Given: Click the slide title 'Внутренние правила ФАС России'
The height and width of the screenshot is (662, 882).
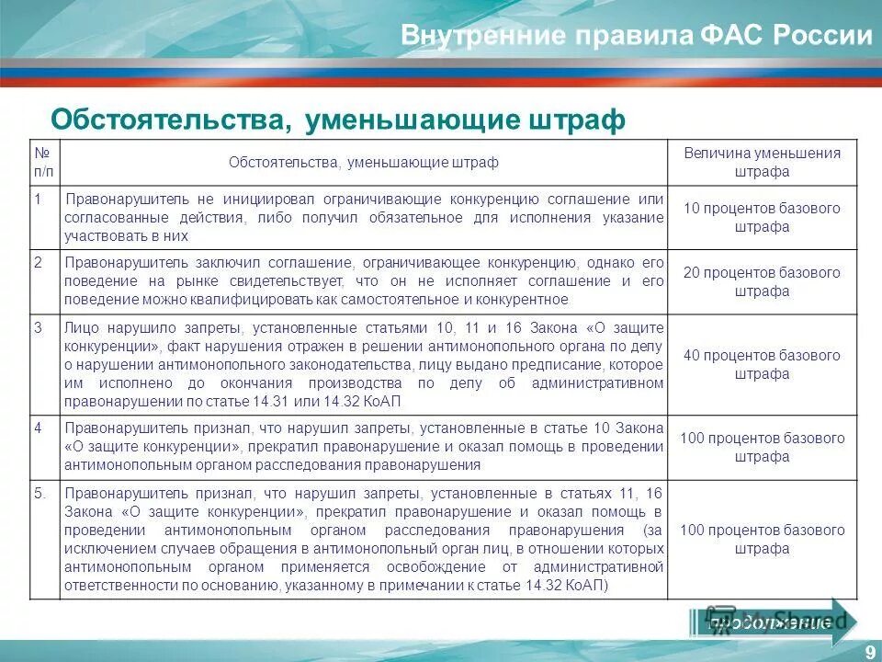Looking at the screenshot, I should [x=636, y=36].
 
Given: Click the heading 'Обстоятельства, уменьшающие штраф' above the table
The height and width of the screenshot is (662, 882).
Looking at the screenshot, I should [x=337, y=119].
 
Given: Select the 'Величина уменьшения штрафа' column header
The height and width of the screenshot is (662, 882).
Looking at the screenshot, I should [x=762, y=163].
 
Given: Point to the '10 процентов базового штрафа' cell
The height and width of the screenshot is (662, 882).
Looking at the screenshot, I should [x=762, y=218].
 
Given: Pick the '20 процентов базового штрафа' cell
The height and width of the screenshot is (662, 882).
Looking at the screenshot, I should [x=762, y=282].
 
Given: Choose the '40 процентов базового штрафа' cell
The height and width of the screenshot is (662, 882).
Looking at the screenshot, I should [x=762, y=365].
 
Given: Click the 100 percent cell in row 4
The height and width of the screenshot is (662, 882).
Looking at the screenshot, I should [x=762, y=448].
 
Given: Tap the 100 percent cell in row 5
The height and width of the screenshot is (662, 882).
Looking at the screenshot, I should [x=762, y=540].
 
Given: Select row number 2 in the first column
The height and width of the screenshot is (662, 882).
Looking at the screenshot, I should [x=39, y=262].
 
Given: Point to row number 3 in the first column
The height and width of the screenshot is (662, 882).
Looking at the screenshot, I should [x=39, y=326].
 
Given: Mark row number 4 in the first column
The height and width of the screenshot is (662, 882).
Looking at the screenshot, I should [x=39, y=428].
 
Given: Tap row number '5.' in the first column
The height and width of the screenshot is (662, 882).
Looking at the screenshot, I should [x=40, y=492].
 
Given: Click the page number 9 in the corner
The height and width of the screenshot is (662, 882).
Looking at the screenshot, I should [x=868, y=651].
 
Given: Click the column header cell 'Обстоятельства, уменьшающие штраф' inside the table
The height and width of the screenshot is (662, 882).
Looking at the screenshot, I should [x=364, y=163].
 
